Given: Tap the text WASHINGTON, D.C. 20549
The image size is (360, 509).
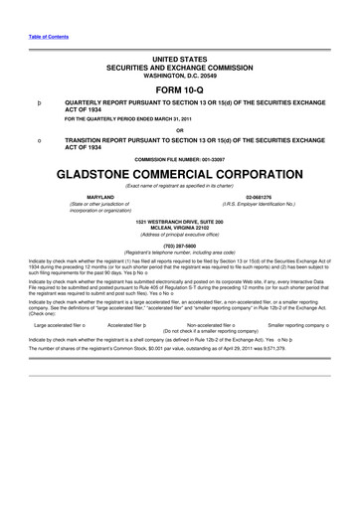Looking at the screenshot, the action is [x=179, y=75].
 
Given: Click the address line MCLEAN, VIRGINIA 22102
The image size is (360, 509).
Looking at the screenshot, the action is [x=179, y=226].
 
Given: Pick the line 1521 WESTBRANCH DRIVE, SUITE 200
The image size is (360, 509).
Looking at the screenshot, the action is [x=179, y=220].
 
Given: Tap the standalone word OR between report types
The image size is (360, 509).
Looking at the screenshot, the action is [x=179, y=130].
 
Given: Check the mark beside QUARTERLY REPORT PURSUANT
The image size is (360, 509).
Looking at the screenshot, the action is [x=38, y=101].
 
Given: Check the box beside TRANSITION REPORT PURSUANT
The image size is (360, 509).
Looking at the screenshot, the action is [x=38, y=141].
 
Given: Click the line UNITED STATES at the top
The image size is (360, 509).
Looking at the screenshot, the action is [x=179, y=59].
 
